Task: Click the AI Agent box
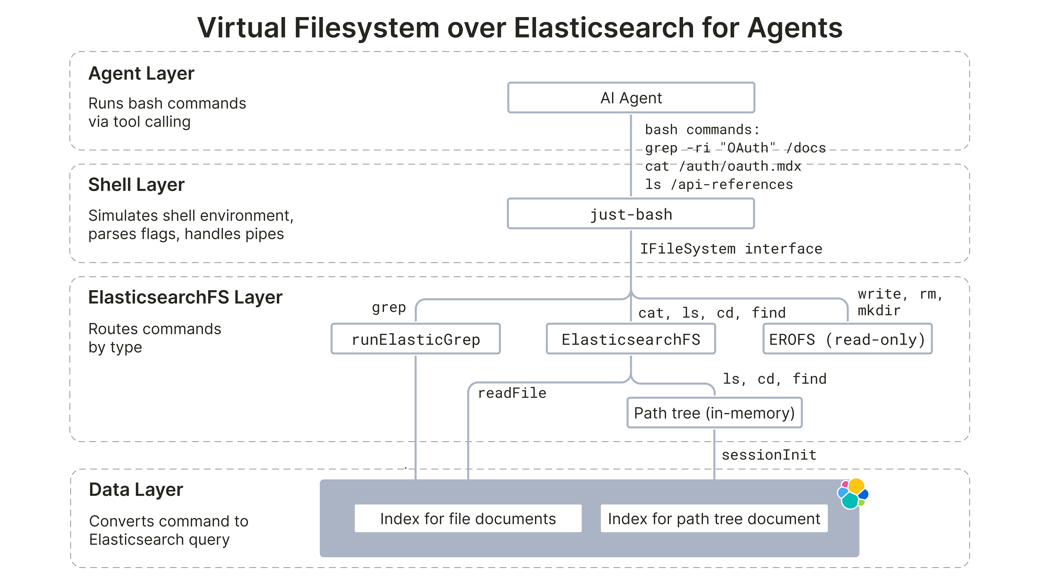[631, 98]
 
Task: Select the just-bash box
[631, 214]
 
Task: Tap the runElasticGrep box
[415, 339]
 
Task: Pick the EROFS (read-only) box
[847, 339]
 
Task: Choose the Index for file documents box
[468, 518]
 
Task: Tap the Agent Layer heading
[141, 74]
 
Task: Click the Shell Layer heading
[136, 185]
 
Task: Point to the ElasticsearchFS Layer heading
[185, 298]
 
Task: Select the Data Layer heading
[136, 490]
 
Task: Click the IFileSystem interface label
[731, 249]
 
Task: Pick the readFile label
[512, 393]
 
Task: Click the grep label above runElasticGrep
[389, 308]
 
